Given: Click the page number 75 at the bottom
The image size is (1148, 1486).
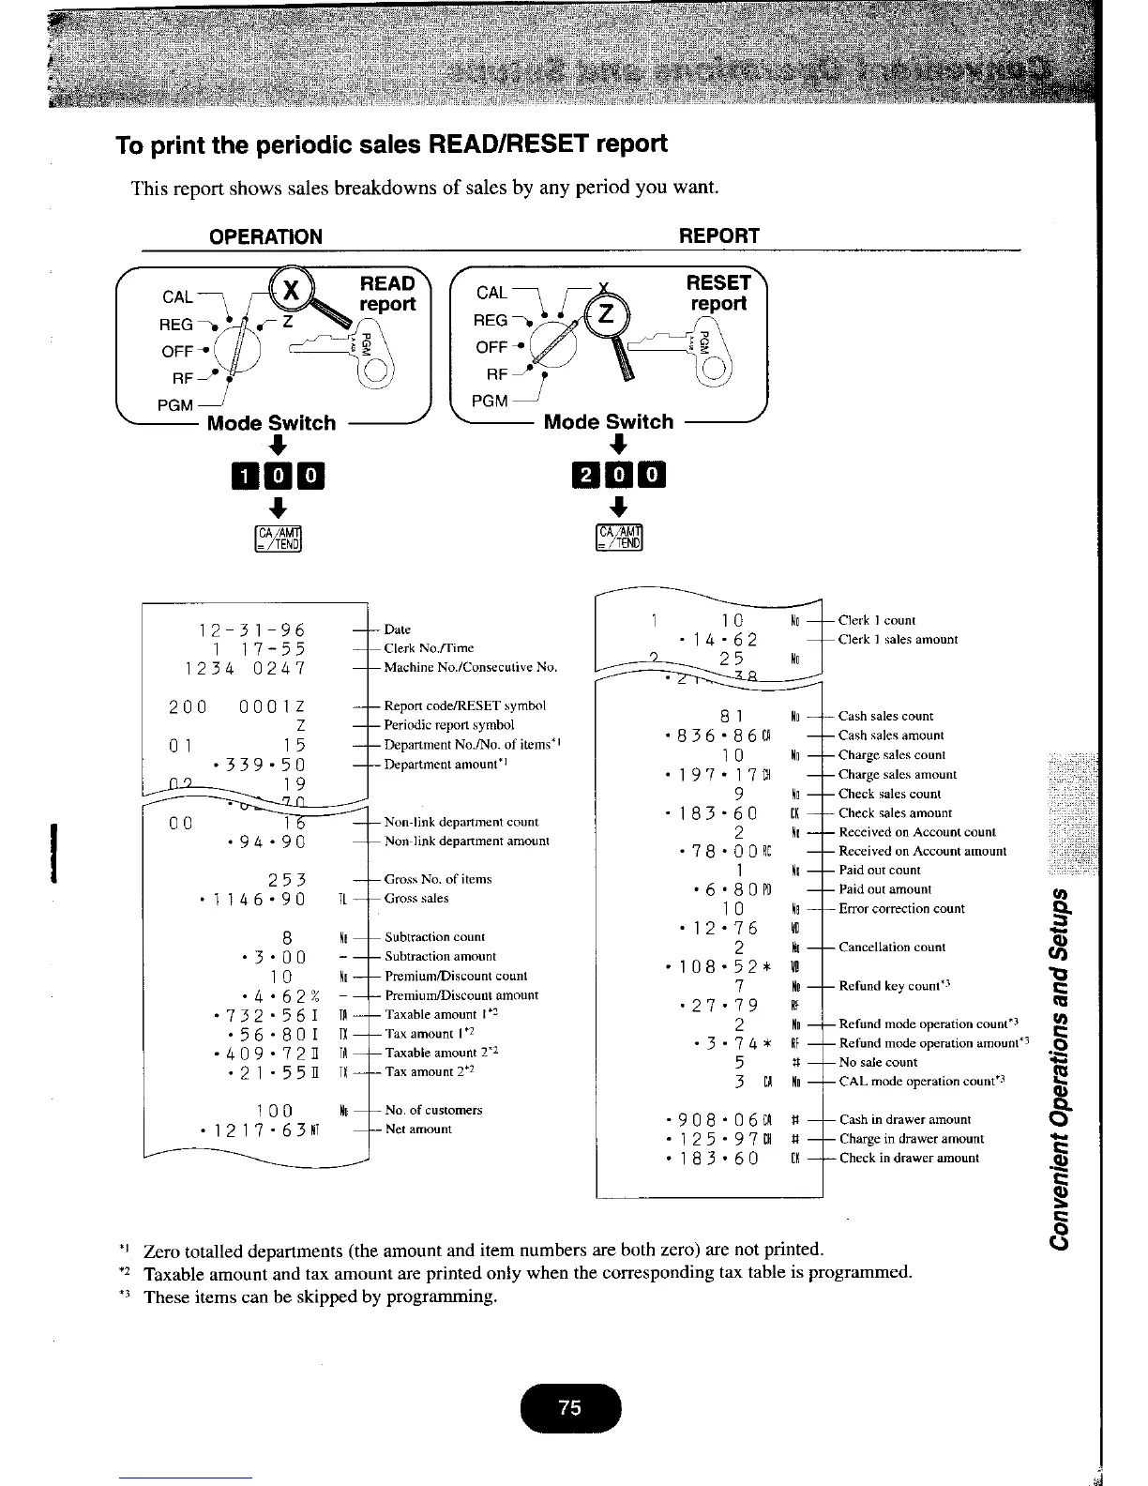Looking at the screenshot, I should pyautogui.click(x=569, y=1407).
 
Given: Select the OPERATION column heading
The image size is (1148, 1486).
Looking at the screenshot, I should pyautogui.click(x=266, y=236).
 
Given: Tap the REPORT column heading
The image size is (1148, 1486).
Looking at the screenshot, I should pyautogui.click(x=718, y=236).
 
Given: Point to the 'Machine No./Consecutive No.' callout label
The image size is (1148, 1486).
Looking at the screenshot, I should pyautogui.click(x=471, y=668).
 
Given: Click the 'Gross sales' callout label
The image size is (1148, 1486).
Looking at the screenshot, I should pyautogui.click(x=416, y=899).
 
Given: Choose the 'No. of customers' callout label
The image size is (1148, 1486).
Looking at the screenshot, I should pyautogui.click(x=433, y=1110).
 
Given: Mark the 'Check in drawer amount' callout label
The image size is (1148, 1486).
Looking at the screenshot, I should pyautogui.click(x=909, y=1158).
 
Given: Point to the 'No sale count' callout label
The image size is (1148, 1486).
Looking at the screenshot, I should pyautogui.click(x=878, y=1062).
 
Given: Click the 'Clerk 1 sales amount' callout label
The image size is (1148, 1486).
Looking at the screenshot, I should pyautogui.click(x=898, y=640).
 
